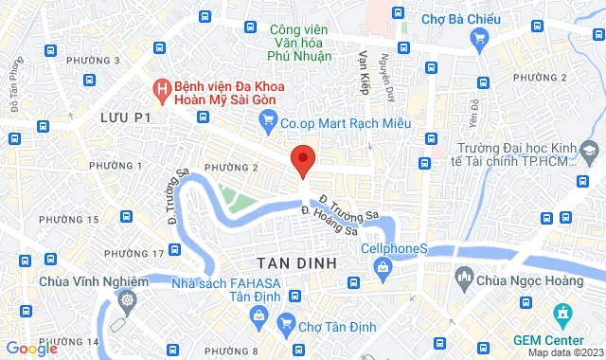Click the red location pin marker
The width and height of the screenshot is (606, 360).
pos(302,160)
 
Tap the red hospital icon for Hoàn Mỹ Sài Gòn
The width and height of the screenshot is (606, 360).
pos(162,90)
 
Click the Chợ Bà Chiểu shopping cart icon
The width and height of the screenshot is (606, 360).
pos(479,38)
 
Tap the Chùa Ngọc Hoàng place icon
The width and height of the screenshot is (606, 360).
pos(464,277)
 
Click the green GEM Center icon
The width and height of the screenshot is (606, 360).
pos(562,313)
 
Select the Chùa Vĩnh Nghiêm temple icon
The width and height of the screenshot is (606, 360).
pos(127,300)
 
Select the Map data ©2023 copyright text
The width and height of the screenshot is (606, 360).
pos(564,353)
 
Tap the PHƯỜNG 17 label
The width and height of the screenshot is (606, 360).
pos(134,254)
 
